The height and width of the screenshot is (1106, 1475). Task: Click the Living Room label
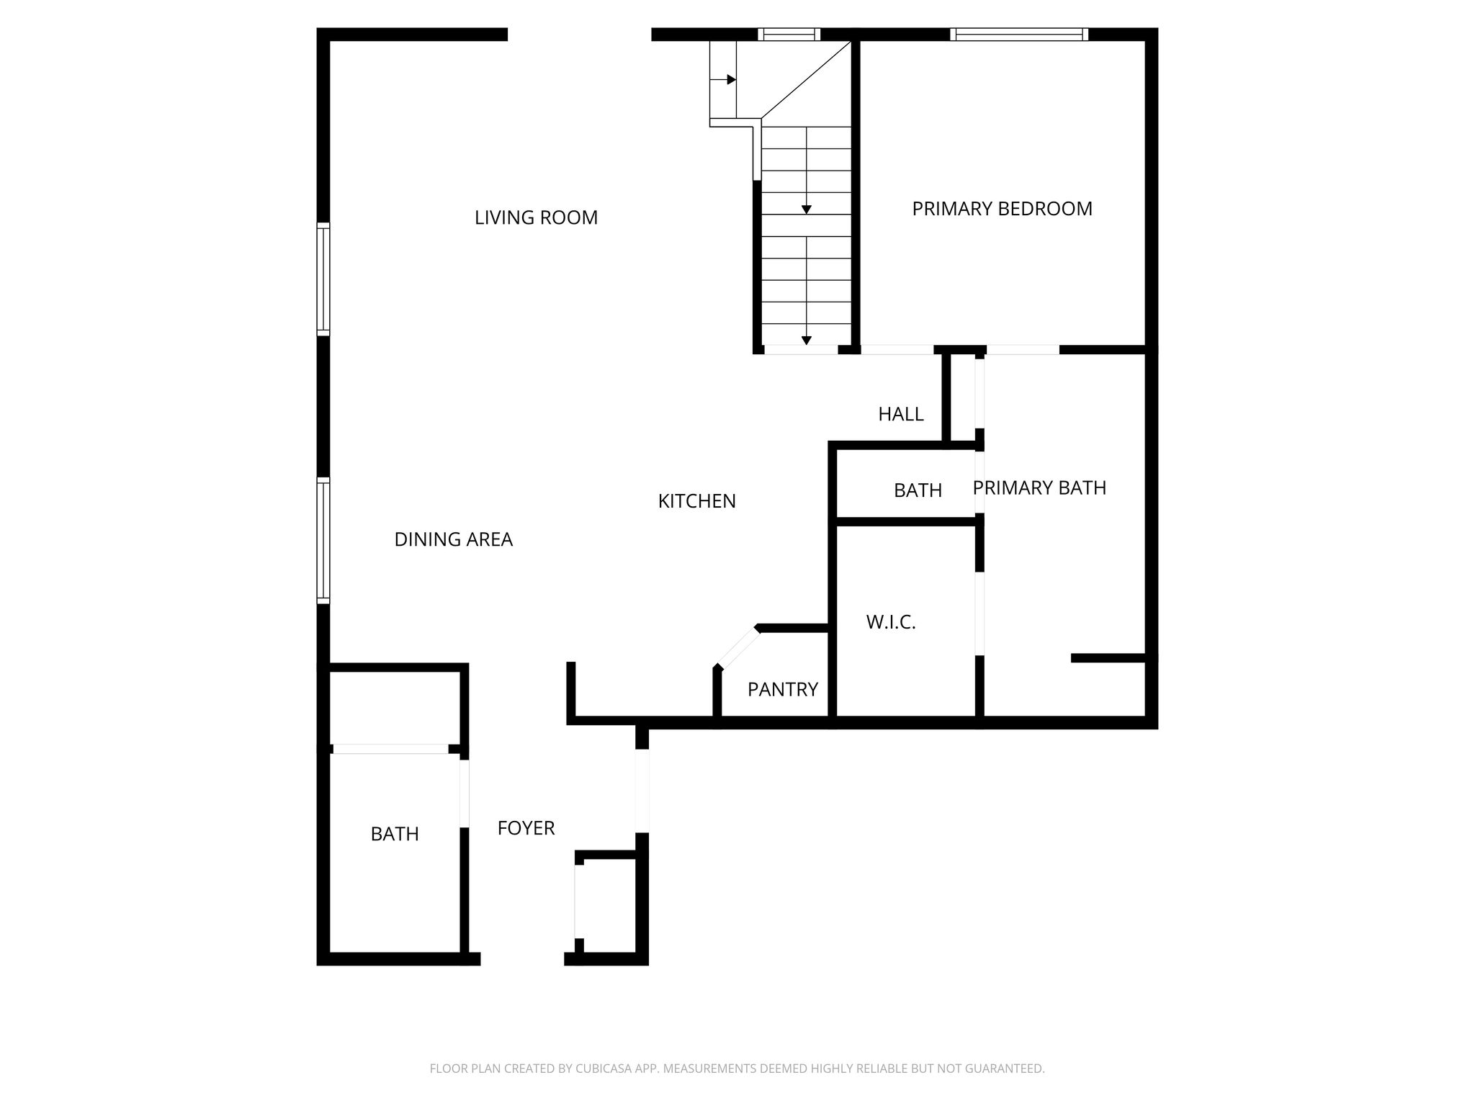(x=536, y=217)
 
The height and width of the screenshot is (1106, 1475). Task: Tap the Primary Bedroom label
(x=1002, y=209)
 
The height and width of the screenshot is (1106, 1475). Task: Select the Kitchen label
(x=696, y=501)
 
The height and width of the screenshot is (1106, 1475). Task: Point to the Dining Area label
(x=453, y=539)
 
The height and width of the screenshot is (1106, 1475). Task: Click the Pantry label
(x=782, y=690)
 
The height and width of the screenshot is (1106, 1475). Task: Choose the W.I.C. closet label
(x=891, y=622)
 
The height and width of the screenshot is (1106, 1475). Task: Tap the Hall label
(x=900, y=414)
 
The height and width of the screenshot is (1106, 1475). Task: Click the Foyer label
(x=526, y=828)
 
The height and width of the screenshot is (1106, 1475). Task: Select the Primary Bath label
(x=1039, y=488)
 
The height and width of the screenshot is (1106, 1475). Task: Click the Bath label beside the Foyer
(x=395, y=834)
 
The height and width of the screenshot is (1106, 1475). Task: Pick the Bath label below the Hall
(x=918, y=490)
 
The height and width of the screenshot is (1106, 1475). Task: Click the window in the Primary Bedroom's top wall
(x=1018, y=34)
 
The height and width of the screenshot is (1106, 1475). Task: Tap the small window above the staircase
(x=789, y=34)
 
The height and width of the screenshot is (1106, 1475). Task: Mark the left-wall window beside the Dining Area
(x=323, y=540)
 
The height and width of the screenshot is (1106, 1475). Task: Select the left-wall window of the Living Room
(x=323, y=279)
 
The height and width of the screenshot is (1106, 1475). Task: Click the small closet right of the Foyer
(x=606, y=905)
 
